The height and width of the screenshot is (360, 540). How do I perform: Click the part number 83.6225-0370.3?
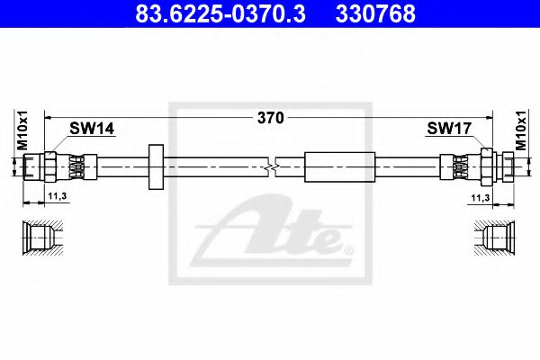(220, 14)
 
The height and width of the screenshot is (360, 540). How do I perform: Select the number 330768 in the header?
(375, 14)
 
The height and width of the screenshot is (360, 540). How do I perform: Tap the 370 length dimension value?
(271, 118)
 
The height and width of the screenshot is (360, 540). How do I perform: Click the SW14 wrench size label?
(92, 129)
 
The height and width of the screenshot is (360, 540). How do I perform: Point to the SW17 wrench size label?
(449, 129)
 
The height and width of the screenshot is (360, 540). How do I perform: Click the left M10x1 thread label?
(22, 130)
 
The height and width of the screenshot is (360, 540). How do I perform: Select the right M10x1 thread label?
(521, 130)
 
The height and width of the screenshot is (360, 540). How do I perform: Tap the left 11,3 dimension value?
(58, 196)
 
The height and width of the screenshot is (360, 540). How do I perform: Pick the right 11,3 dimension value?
(481, 197)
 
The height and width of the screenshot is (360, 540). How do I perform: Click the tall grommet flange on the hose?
(156, 167)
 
